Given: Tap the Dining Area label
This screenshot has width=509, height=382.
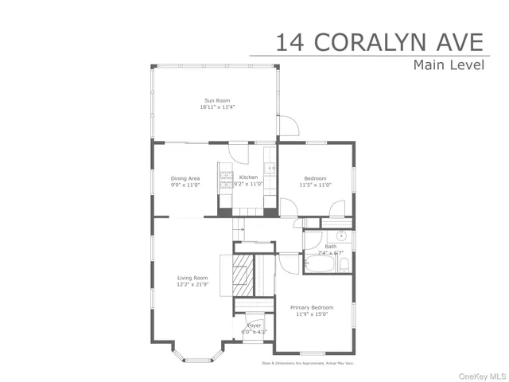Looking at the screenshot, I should pyautogui.click(x=185, y=178).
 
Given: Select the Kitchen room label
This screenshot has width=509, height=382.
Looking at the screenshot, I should pyautogui.click(x=247, y=177).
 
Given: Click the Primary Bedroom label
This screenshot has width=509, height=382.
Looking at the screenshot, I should pyautogui.click(x=311, y=307).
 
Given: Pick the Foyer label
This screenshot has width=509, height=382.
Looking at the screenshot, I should pyautogui.click(x=254, y=325).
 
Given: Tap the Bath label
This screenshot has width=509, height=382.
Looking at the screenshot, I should pyautogui.click(x=331, y=247).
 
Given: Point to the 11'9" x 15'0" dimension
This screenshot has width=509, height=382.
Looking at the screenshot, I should pyautogui.click(x=311, y=314).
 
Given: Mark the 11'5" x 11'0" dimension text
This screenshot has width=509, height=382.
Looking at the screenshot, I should pyautogui.click(x=316, y=185).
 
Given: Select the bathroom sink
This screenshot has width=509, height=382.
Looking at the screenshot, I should pyautogui.click(x=340, y=236).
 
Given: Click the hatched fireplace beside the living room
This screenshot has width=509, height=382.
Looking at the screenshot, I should pyautogui.click(x=242, y=275).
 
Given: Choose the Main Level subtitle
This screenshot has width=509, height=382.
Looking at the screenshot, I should pyautogui.click(x=448, y=65).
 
